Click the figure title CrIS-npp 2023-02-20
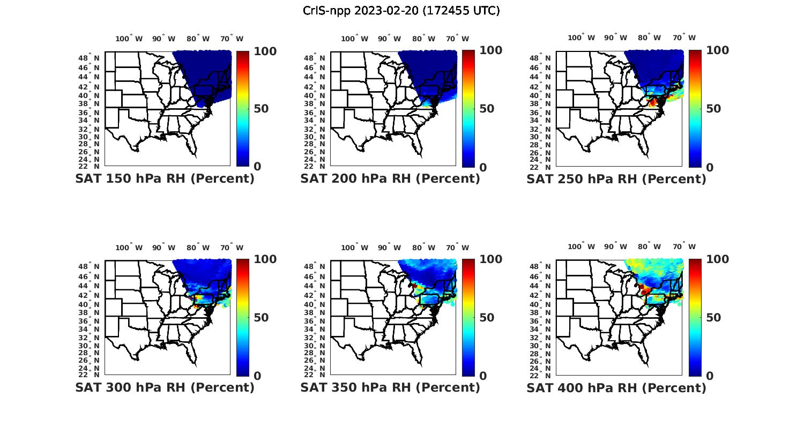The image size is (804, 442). (401, 11)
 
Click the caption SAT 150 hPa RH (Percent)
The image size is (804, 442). (165, 179)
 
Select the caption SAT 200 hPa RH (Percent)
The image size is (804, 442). (390, 179)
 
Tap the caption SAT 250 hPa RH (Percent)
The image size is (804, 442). (616, 179)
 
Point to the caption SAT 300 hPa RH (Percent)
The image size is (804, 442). (165, 387)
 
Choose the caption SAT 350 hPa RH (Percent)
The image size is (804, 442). (390, 387)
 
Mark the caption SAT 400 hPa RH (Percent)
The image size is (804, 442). (616, 387)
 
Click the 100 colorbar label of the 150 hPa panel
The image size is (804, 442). (265, 51)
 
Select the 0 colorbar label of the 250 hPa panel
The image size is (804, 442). (710, 167)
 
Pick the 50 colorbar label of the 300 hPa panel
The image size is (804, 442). (261, 318)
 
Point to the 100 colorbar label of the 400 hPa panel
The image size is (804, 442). (717, 259)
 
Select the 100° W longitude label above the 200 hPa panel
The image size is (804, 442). (355, 39)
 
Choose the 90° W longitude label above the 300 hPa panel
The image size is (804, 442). (163, 248)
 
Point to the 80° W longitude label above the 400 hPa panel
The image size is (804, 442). (649, 247)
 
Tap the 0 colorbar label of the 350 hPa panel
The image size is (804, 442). (483, 376)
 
